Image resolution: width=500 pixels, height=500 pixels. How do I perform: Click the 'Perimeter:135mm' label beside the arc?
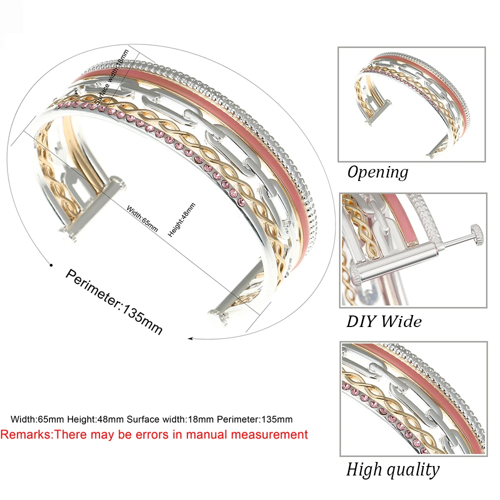(114, 301)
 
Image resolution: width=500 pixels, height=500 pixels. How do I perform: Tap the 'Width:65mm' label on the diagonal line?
(142, 219)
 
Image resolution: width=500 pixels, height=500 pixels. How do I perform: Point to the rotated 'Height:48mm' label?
(181, 220)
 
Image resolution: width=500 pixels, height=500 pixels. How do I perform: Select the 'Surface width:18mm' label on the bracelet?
(111, 77)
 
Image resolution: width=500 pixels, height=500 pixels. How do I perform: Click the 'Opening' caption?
(378, 172)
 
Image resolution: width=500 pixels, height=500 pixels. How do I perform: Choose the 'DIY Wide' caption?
(384, 321)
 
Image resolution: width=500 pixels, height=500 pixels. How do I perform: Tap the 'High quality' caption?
(393, 470)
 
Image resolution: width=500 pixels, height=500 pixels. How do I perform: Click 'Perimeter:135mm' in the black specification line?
(254, 419)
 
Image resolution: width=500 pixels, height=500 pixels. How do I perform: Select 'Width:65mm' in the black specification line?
(37, 419)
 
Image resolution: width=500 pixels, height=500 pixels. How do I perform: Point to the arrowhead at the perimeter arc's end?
(190, 338)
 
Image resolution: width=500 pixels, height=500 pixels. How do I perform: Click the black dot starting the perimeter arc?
(51, 265)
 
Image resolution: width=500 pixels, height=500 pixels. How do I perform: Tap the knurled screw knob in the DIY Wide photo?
(477, 234)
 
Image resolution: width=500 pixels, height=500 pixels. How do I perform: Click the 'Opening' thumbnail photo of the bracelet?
(411, 104)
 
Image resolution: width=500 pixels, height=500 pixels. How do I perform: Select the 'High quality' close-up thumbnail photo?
(413, 399)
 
